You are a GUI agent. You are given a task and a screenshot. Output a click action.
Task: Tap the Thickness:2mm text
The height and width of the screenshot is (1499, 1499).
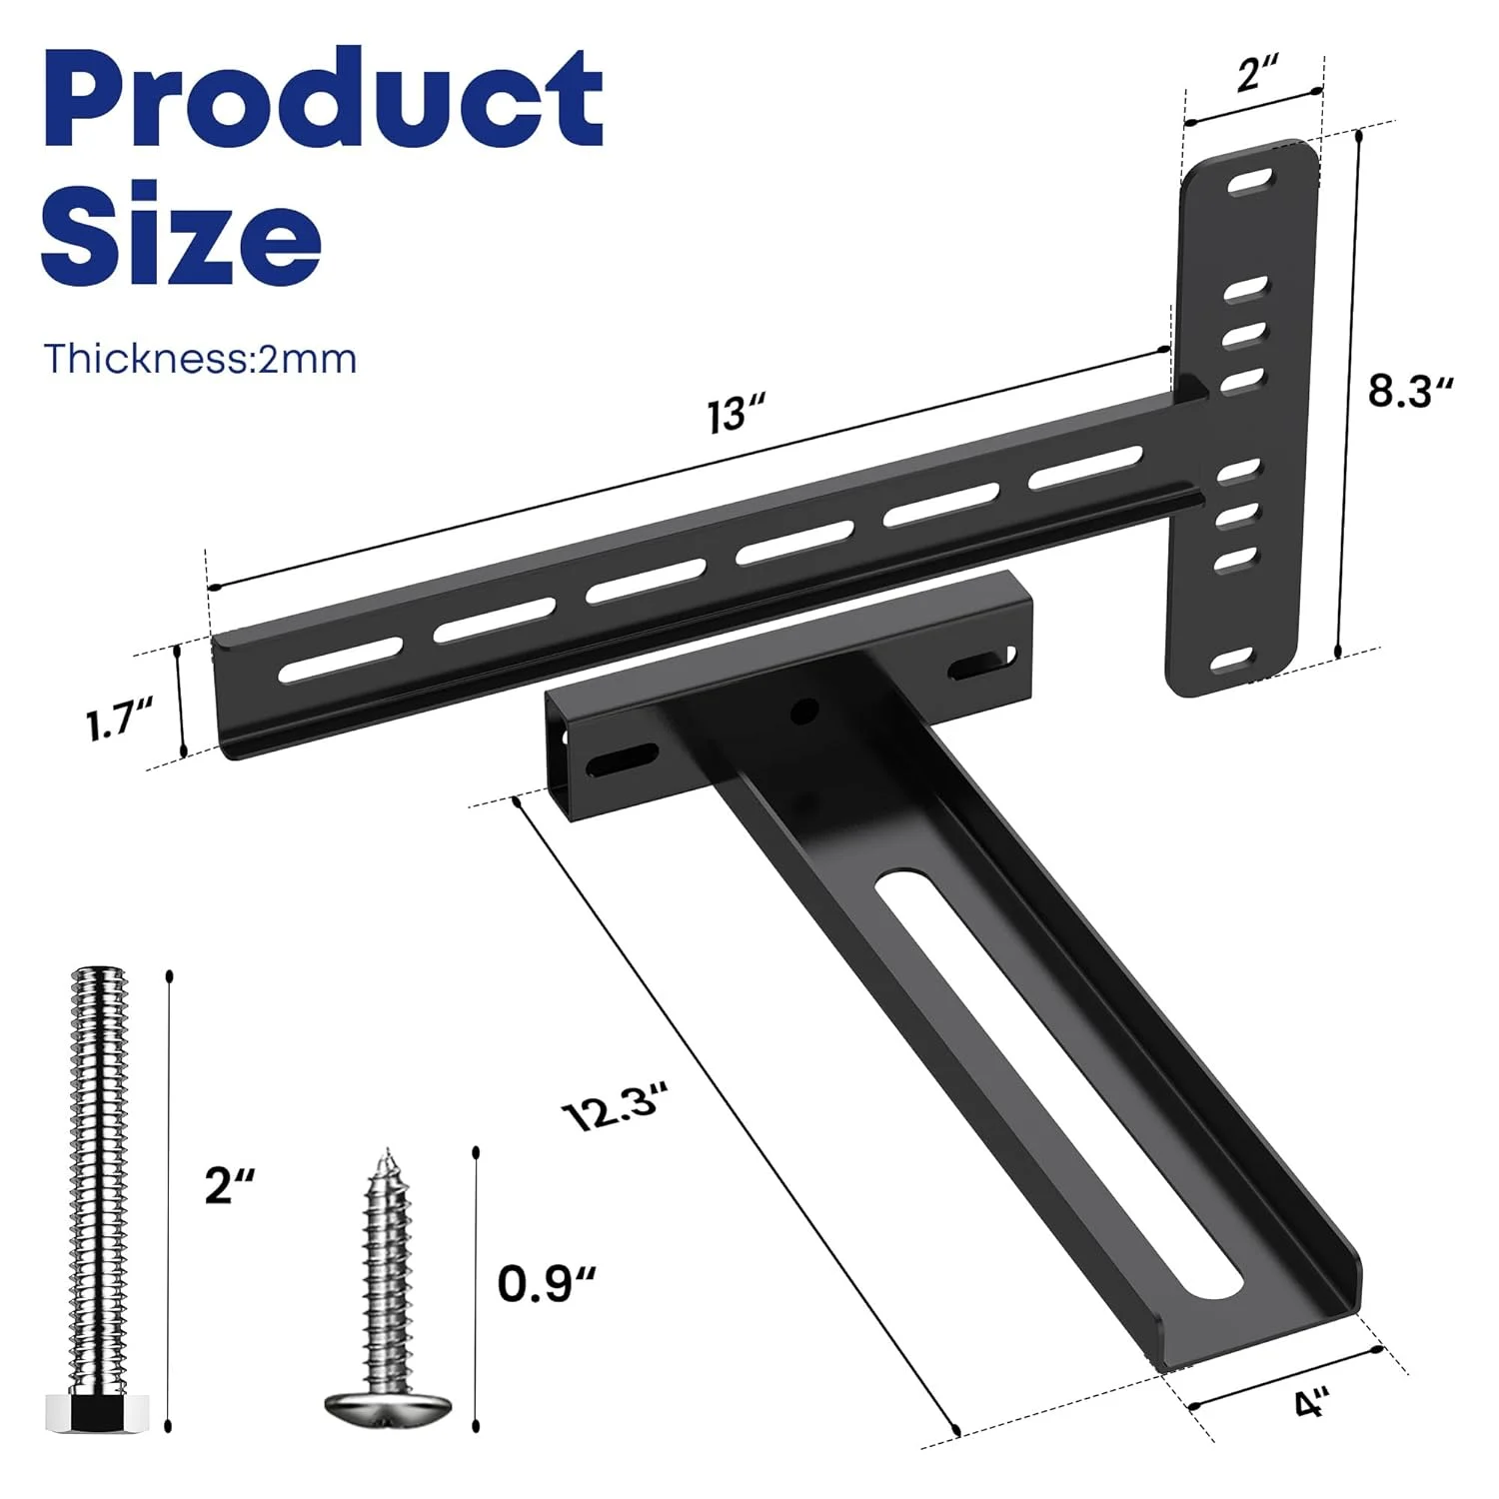pos(200,358)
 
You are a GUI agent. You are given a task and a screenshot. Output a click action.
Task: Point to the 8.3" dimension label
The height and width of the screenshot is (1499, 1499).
pos(1409,391)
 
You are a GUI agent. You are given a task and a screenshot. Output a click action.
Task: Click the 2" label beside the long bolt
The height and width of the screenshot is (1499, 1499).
pos(230,1185)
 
